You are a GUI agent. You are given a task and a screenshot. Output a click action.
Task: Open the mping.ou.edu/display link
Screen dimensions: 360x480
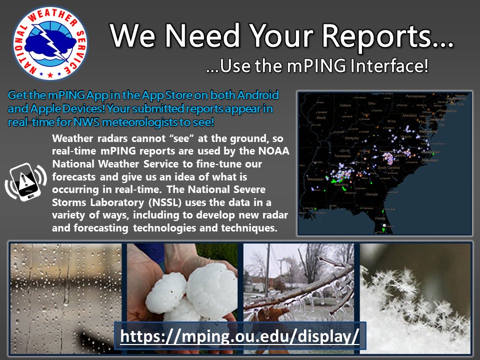tap(240, 335)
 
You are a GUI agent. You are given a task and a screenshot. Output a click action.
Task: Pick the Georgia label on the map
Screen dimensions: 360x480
tap(372, 194)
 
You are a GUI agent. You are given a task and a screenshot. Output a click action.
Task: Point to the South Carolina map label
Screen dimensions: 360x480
tap(388, 167)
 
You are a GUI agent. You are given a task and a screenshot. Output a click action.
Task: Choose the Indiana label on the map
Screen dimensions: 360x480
tap(345, 105)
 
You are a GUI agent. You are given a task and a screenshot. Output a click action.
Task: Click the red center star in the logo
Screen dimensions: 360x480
tap(50, 74)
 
